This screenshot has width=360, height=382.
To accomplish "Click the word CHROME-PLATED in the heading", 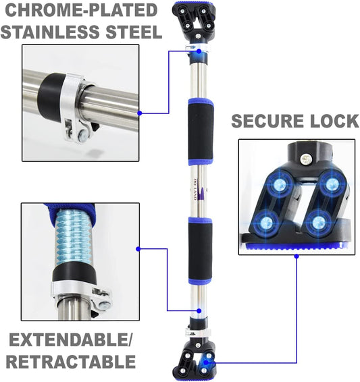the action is (81, 10).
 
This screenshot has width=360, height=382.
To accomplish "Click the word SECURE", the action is (267, 121).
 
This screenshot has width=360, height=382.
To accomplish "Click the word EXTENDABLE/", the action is (70, 340).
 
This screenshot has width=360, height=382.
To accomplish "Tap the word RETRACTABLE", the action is (71, 362).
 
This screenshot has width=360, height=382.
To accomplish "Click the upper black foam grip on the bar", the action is (201, 132).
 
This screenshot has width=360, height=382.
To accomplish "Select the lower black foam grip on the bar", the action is (201, 251).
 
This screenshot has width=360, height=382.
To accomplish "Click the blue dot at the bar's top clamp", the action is (199, 51).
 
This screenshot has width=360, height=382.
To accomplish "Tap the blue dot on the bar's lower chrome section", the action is (199, 311).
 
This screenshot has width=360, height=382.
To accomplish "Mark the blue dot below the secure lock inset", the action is (297, 256).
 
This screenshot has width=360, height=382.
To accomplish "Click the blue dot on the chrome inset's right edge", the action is (140, 113).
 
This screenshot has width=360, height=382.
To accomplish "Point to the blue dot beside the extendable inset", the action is (138, 249).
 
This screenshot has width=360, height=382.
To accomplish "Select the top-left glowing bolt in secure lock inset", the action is (280, 184).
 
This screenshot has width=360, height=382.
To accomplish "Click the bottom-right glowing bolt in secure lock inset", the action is (318, 222).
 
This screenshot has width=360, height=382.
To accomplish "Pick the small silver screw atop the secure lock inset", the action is (305, 159).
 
